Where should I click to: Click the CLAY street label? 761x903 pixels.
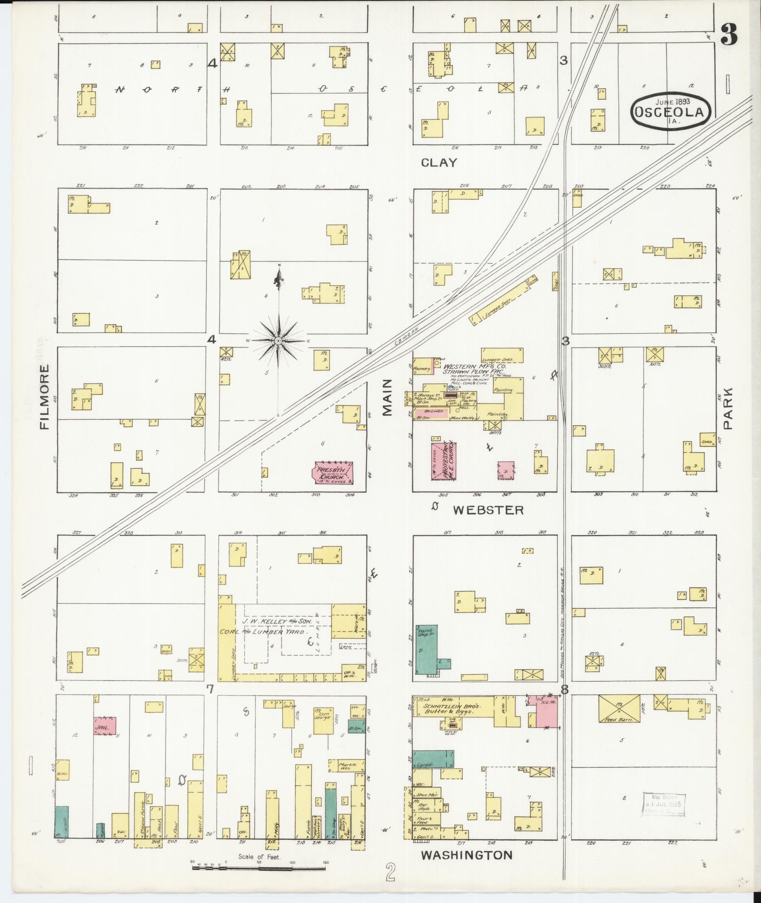(439, 163)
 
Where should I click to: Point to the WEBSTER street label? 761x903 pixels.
(488, 510)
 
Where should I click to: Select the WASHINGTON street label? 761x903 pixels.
(466, 855)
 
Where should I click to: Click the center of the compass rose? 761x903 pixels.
(279, 340)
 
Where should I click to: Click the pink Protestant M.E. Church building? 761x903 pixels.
(443, 461)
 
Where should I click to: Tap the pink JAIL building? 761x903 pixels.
(104, 726)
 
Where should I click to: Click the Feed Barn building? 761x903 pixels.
(619, 708)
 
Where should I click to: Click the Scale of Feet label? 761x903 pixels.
(259, 857)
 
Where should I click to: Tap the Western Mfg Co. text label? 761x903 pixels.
(475, 366)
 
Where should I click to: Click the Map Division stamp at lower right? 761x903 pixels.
(663, 804)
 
